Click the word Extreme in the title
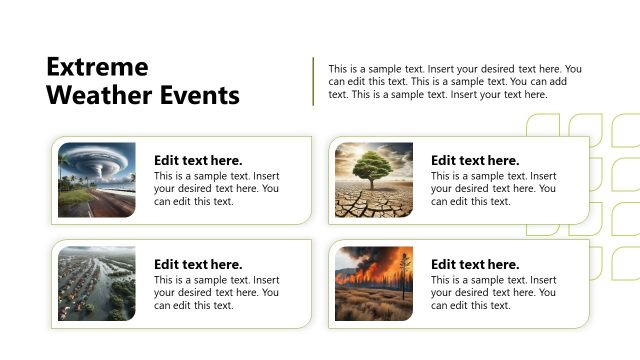click(97, 67)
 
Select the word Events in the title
click(200, 96)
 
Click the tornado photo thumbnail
click(96, 180)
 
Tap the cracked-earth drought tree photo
click(373, 180)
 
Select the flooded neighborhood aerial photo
click(96, 283)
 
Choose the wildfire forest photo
click(373, 283)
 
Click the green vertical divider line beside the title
click(314, 81)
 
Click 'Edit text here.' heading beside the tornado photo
click(198, 160)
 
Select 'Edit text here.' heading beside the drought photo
click(475, 160)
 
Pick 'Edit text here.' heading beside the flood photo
click(198, 264)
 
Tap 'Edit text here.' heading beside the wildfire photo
click(475, 264)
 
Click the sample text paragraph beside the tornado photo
click(216, 188)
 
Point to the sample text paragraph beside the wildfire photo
click(493, 292)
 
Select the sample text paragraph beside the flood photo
click(216, 292)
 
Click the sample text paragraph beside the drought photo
click(493, 188)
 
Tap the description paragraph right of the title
click(455, 82)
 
